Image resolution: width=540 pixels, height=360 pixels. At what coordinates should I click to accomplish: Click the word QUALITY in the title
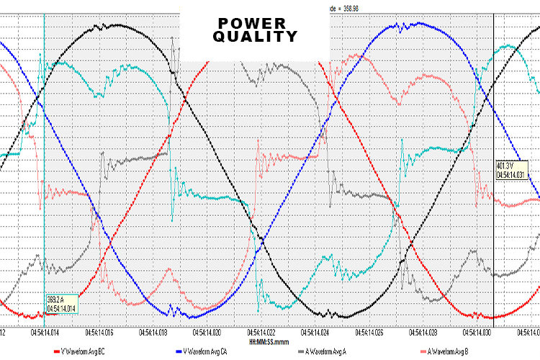(x=255, y=37)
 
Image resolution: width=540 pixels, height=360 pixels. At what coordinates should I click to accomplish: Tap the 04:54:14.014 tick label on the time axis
(x=45, y=333)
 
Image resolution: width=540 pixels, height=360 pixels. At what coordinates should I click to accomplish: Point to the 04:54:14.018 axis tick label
(x=152, y=333)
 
